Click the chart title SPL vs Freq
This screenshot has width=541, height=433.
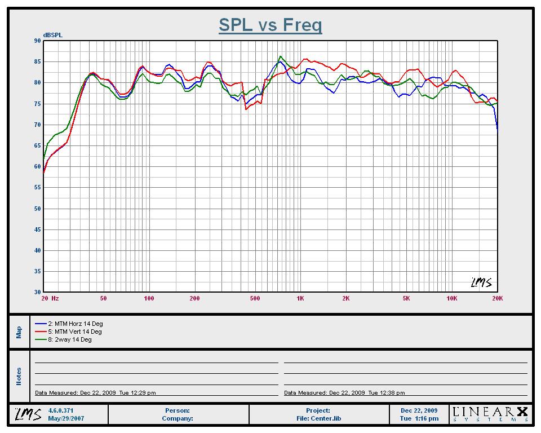(x=270, y=25)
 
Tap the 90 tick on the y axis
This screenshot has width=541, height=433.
(x=37, y=41)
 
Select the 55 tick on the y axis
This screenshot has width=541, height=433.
(x=37, y=188)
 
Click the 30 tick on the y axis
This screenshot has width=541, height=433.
(x=37, y=292)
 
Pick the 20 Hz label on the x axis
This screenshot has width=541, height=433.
(x=50, y=298)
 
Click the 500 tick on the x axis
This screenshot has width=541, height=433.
(x=255, y=298)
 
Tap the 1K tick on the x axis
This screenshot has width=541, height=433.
(x=300, y=298)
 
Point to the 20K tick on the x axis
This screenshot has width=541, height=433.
(x=497, y=298)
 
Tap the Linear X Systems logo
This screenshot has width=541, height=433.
(x=490, y=414)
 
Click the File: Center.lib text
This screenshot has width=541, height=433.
(x=318, y=418)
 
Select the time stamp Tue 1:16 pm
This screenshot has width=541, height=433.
(x=419, y=418)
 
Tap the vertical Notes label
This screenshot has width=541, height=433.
(x=19, y=376)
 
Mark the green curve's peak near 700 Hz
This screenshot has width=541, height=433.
(x=280, y=56)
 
